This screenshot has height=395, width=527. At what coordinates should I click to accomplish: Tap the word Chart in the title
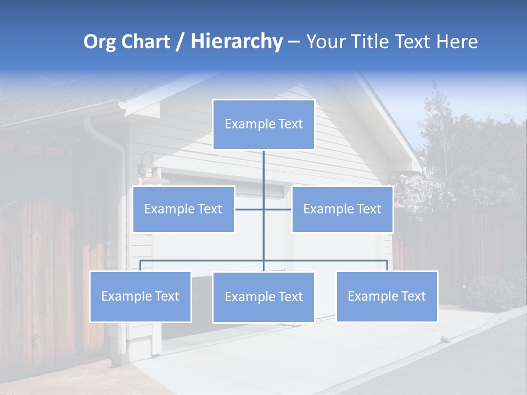(144, 42)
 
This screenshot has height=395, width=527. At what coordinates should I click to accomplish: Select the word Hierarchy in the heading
(236, 42)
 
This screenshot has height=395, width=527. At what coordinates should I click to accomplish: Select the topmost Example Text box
(263, 125)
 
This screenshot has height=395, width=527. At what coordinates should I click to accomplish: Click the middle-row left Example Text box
(183, 209)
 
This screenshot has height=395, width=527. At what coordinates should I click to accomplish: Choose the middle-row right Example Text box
(342, 209)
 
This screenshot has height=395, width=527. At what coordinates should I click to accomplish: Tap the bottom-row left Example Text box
(140, 296)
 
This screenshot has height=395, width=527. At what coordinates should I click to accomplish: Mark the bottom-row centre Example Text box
(263, 297)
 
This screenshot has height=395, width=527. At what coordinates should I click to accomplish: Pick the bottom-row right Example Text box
(386, 296)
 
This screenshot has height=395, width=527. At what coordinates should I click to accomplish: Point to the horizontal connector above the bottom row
(203, 261)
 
